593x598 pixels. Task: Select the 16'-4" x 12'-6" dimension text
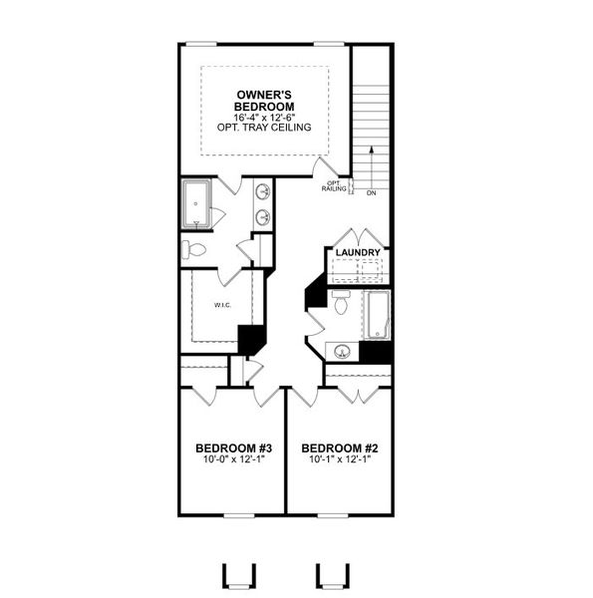[x=264, y=117]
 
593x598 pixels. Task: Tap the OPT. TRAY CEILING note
[x=264, y=128]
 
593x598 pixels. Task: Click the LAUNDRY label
[x=358, y=254]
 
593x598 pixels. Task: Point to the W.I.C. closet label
[x=221, y=305]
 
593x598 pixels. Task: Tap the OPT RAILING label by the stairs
[x=334, y=186]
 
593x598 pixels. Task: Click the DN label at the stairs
[x=371, y=192]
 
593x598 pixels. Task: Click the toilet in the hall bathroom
[x=341, y=304]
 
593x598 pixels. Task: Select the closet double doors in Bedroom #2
[x=355, y=393]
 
